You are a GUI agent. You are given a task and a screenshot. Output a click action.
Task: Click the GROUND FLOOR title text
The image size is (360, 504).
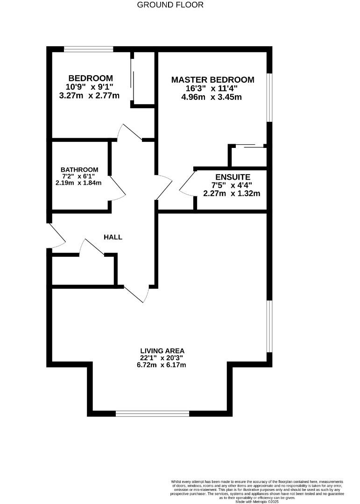(170, 5)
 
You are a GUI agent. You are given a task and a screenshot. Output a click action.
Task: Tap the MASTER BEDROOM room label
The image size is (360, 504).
(212, 80)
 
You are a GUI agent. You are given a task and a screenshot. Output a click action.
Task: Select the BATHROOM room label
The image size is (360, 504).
(79, 170)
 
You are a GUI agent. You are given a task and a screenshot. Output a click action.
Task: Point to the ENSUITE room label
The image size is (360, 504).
(233, 177)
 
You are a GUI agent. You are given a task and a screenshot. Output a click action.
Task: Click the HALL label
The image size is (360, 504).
(113, 237)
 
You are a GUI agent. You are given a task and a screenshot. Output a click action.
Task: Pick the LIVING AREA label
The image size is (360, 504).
(162, 350)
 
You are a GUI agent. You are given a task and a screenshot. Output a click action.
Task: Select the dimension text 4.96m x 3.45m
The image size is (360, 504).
(212, 97)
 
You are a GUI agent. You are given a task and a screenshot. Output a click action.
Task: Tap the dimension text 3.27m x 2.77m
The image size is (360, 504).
(91, 96)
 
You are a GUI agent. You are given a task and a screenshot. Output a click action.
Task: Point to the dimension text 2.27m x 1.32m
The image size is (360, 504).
(232, 193)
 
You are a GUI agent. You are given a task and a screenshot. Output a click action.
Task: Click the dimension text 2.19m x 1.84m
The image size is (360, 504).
(78, 183)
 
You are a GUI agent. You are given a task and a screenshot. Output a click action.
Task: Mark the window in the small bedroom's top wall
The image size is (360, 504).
(89, 49)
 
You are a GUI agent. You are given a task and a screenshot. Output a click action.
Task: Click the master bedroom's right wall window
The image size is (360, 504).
(269, 97)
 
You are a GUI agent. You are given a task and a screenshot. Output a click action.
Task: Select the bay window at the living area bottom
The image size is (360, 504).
(153, 413)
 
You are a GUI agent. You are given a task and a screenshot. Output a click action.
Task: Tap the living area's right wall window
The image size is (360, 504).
(269, 326)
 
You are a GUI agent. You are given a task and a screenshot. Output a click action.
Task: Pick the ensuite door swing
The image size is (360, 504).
(188, 183)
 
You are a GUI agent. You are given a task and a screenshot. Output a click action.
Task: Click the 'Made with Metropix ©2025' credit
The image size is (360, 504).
(257, 501)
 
